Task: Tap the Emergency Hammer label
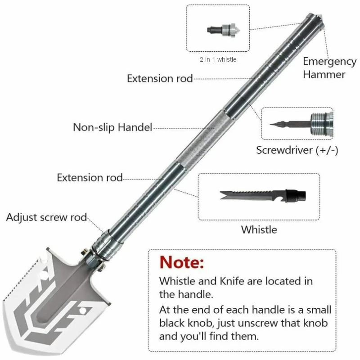tap(324, 67)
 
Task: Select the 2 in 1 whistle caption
tap(218, 59)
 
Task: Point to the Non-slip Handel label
tap(113, 127)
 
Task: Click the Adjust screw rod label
tap(46, 217)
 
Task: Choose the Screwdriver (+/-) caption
tap(297, 150)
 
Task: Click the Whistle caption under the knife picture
tap(259, 229)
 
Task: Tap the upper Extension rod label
tap(160, 79)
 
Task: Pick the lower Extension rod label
tap(90, 178)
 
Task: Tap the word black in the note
tap(175, 324)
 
